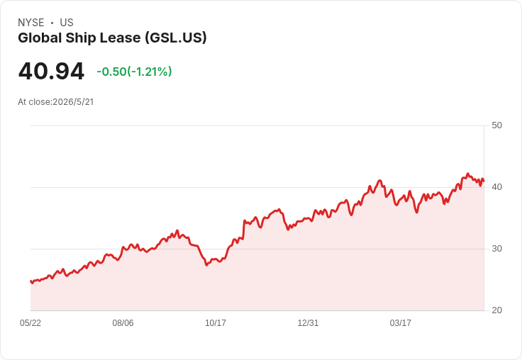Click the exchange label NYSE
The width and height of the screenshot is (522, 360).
point(31,23)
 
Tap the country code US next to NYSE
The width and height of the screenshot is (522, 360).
point(67,23)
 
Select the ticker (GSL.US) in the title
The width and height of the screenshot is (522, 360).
point(176,38)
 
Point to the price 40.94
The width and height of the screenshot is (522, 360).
point(51,71)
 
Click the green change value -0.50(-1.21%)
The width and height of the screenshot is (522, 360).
point(134,72)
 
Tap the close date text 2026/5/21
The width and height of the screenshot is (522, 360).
point(73,102)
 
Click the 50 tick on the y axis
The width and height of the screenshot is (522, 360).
point(496,125)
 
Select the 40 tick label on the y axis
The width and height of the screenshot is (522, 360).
point(496,187)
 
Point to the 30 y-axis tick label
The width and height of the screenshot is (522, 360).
point(496,249)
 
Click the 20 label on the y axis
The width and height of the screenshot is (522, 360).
point(496,310)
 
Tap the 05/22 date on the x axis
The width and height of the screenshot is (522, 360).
point(30,322)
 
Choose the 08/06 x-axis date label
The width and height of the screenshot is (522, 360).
point(123,322)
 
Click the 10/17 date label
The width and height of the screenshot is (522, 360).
point(216,322)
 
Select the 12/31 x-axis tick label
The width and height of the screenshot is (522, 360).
point(308,322)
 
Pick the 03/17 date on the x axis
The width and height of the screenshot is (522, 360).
point(401,322)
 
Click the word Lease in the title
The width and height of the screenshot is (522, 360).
point(120,38)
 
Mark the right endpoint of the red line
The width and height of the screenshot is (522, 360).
point(484,181)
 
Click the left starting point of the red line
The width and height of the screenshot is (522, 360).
point(30,281)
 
